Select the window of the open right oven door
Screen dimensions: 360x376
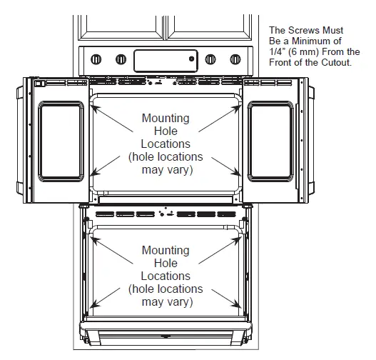pos(272,140)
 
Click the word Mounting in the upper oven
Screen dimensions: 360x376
pos(166,119)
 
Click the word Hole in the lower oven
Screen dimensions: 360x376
pos(166,264)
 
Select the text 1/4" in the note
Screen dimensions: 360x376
pos(278,52)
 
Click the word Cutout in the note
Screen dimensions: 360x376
pos(337,63)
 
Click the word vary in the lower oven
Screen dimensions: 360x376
pos(177,302)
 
